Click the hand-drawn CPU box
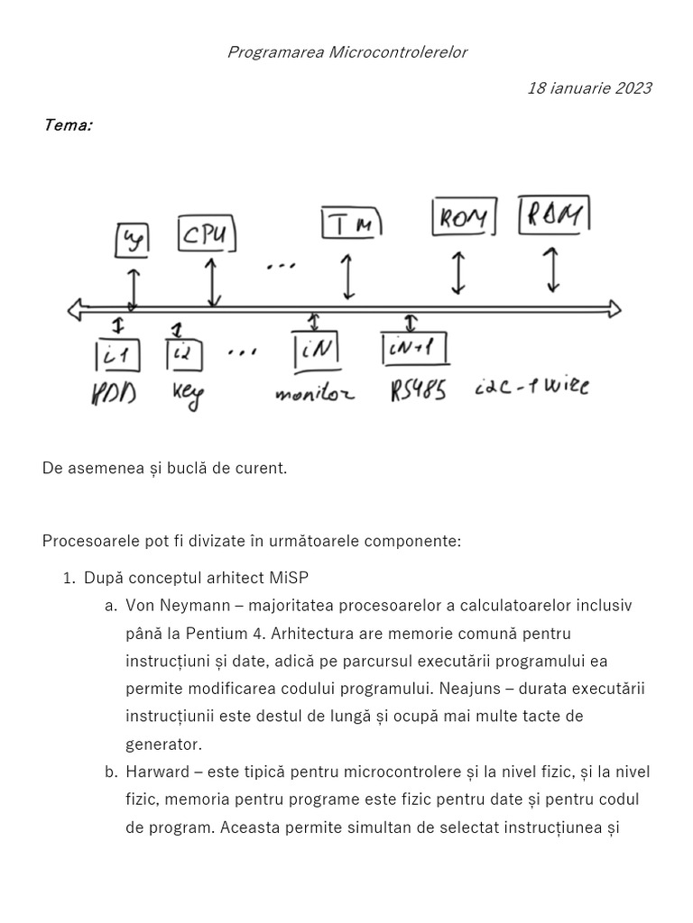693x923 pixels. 208,236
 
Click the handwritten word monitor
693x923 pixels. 314,394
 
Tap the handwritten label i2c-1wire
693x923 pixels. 531,388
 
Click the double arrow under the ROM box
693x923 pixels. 458,271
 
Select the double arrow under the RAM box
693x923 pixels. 552,269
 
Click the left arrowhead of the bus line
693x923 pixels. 74,310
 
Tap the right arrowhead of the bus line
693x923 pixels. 614,309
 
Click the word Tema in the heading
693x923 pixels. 67,125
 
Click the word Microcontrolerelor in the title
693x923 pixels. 398,52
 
